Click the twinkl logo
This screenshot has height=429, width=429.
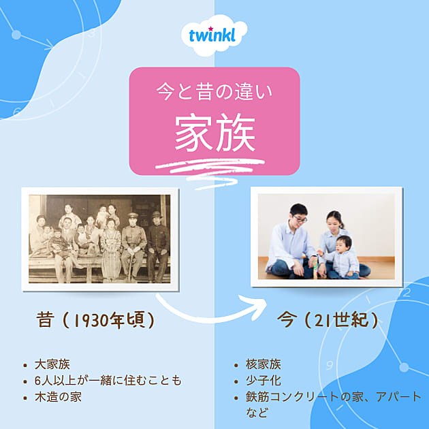pyautogui.click(x=214, y=35)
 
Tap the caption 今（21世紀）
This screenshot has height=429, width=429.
pyautogui.click(x=328, y=320)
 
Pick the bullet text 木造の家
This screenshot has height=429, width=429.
pyautogui.click(x=58, y=396)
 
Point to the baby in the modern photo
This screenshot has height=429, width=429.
pyautogui.click(x=343, y=257)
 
